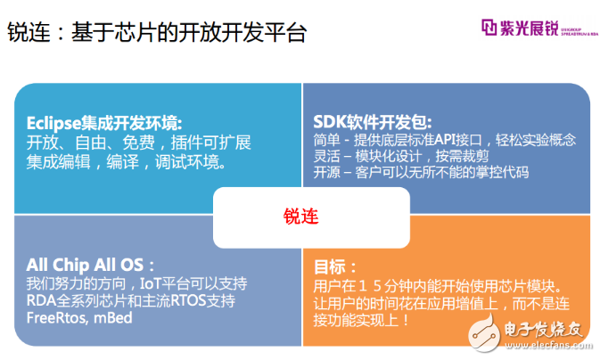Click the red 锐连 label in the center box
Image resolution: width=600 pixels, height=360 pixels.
pos(300,217)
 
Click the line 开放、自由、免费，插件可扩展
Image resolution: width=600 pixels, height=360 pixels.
pos(138,143)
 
